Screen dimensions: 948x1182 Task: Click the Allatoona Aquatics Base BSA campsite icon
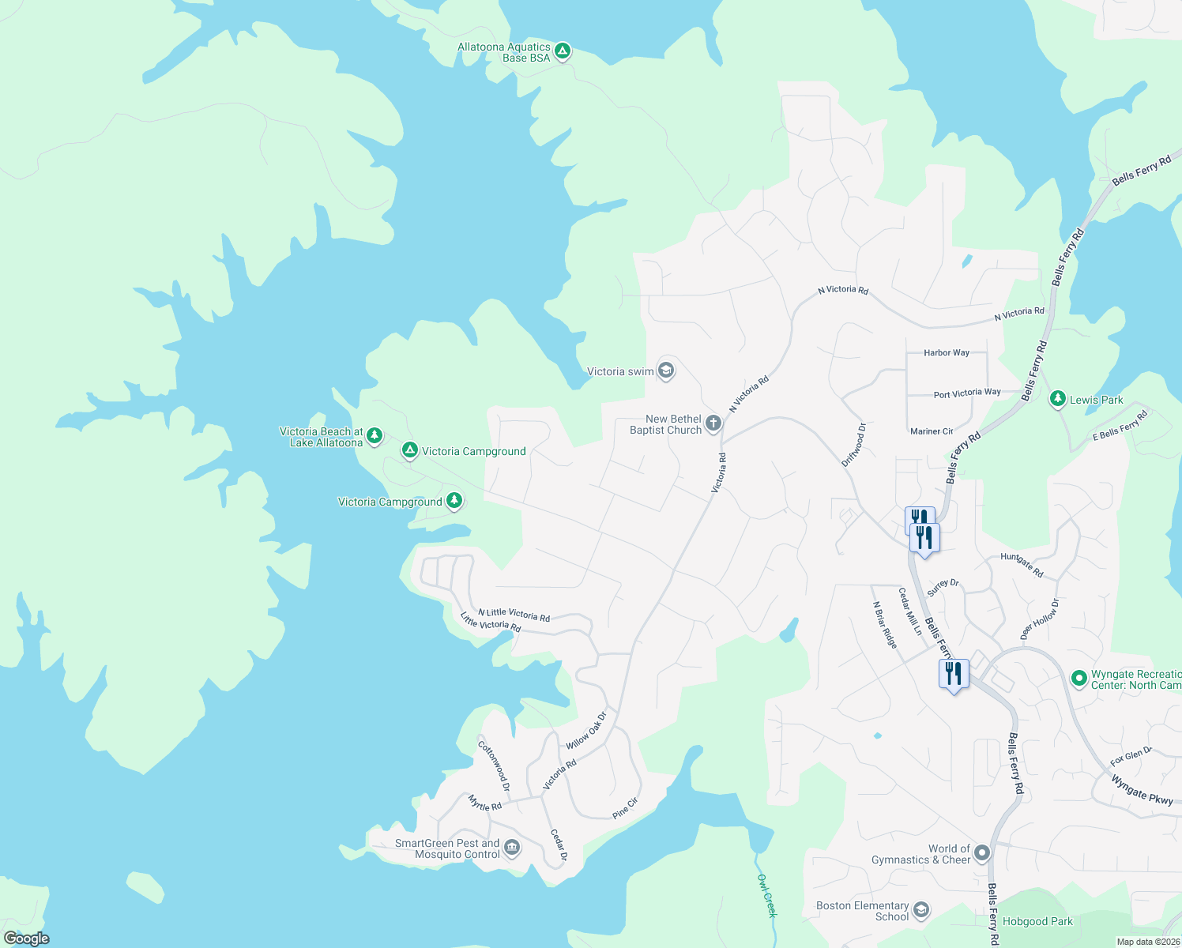click(562, 52)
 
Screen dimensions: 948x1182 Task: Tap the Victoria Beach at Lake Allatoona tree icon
click(375, 436)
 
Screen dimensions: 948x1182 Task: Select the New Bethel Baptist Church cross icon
click(713, 424)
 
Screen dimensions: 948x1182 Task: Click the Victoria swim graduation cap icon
click(666, 371)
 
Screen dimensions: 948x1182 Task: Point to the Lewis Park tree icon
click(1057, 400)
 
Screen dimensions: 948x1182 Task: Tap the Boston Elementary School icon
click(920, 911)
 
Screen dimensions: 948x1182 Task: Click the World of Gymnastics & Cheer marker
click(981, 853)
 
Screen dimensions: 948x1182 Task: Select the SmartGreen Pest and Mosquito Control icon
click(512, 848)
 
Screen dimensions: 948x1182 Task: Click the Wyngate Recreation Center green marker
click(1078, 679)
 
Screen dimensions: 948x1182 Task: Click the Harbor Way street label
click(946, 353)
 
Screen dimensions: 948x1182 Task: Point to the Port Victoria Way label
click(966, 393)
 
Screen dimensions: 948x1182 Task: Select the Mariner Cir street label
click(932, 431)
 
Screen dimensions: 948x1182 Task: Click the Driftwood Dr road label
click(854, 445)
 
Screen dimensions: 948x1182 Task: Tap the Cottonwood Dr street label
click(494, 765)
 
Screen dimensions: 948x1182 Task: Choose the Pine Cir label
click(625, 808)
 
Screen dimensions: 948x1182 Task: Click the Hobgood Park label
click(1037, 921)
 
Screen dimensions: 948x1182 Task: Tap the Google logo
click(27, 939)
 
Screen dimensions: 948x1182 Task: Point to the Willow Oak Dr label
click(586, 731)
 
